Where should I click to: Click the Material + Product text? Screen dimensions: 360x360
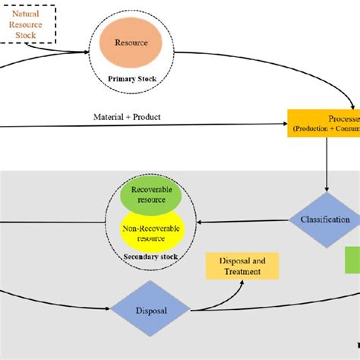point(127,117)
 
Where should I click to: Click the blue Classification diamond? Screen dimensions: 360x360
point(326,219)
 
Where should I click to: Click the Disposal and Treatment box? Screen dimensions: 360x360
point(242,266)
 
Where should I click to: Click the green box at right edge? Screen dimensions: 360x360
point(352,259)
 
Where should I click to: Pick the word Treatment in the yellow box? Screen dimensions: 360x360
point(242,272)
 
